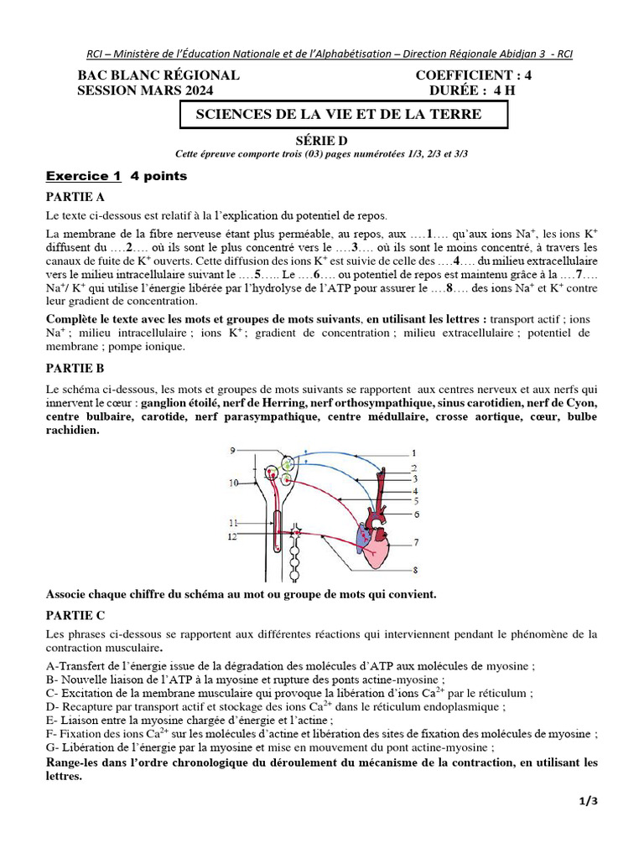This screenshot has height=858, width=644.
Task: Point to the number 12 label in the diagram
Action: pos(234,535)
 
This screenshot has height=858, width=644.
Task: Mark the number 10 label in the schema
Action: pos(233,483)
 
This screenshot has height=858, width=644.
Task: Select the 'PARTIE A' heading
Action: pos(75,198)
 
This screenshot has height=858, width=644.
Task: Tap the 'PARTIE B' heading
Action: pos(75,368)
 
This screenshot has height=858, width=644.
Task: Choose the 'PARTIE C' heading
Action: pos(75,615)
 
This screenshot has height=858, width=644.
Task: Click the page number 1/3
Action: pos(589,802)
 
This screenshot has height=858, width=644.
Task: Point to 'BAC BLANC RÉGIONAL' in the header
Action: pos(158,75)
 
